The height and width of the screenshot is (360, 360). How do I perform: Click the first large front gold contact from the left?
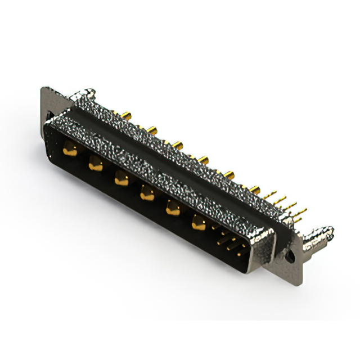[x=70, y=149]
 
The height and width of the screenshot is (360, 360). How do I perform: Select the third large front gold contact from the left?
[x=121, y=179]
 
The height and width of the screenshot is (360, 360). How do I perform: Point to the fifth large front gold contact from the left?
[x=173, y=209]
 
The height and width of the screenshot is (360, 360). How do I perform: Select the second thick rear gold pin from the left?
[x=151, y=131]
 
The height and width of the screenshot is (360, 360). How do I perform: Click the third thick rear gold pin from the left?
[x=178, y=146]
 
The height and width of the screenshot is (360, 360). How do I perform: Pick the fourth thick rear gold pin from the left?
[x=202, y=160]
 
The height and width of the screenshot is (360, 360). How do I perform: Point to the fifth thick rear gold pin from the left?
[x=229, y=174]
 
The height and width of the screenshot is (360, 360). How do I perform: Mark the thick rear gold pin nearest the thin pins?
[x=255, y=189]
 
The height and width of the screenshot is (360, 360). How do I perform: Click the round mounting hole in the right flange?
[x=290, y=255]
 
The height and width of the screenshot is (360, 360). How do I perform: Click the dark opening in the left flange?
[x=49, y=115]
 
